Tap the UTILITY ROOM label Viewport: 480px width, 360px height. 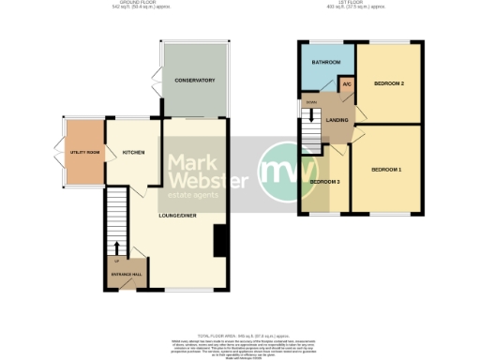(x=83, y=152)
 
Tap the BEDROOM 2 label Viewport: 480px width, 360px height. (x=388, y=83)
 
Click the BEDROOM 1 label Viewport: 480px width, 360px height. (x=385, y=170)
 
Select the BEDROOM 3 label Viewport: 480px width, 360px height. (x=324, y=180)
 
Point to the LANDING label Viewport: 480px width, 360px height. (x=337, y=119)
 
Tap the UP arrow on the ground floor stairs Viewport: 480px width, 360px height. (x=116, y=248)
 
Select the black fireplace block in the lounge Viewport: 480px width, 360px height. (x=220, y=241)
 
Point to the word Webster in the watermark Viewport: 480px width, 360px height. (x=207, y=180)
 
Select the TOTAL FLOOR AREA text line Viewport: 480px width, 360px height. (x=240, y=333)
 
